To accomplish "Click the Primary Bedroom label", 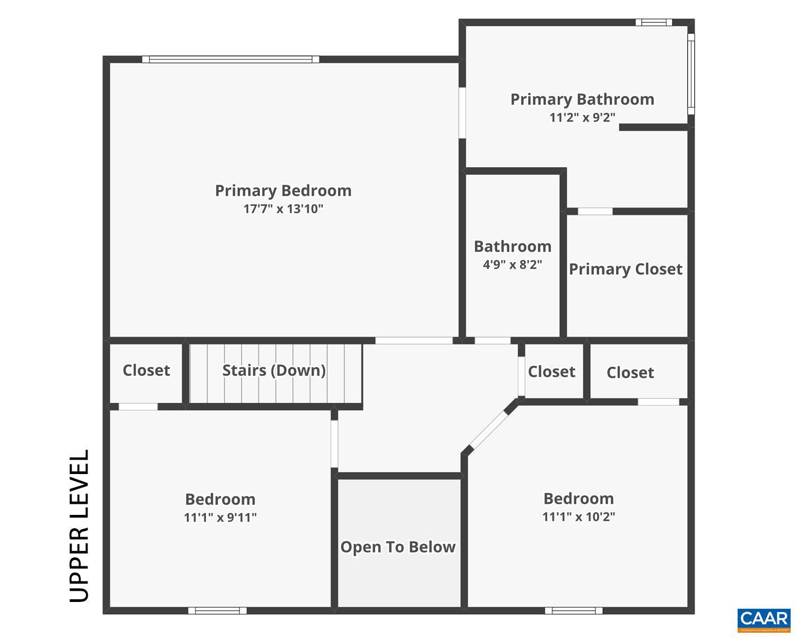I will point(283,191).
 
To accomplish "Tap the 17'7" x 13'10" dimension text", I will point(283,209).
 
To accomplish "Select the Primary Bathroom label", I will point(582,99).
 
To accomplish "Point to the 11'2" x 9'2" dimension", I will point(582,117).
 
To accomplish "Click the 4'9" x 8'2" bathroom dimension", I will point(512,264).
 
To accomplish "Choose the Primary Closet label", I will point(626,269).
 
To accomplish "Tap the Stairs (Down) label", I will point(274,370).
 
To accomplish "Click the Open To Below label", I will point(398,547).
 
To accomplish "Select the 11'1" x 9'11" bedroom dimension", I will point(220,517).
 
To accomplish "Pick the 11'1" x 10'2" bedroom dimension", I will point(578,517).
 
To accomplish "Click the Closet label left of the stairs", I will point(146,370).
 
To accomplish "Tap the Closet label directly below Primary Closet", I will point(630,373).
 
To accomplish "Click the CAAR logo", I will point(764,619).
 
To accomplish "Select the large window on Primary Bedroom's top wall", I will point(230,59).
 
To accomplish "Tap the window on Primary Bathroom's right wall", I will point(691,74).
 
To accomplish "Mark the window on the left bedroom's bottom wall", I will point(217,610).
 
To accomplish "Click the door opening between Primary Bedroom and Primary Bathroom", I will point(462,113).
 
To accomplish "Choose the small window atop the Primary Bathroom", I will point(654,22).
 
